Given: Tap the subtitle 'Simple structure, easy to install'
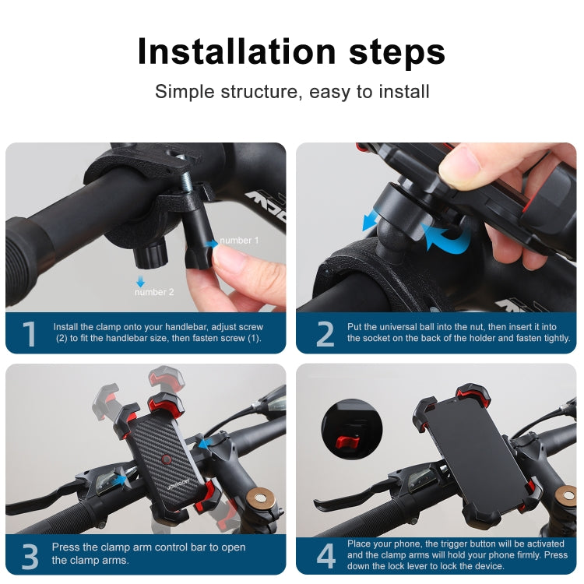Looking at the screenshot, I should (x=292, y=91).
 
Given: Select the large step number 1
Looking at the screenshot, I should (x=30, y=334).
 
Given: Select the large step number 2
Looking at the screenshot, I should (x=325, y=334).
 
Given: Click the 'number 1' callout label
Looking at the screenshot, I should (x=239, y=241).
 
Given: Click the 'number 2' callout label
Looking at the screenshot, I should (x=154, y=292).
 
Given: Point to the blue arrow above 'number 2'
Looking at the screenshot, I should (x=141, y=280).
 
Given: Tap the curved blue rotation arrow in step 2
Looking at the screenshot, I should (x=448, y=237).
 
